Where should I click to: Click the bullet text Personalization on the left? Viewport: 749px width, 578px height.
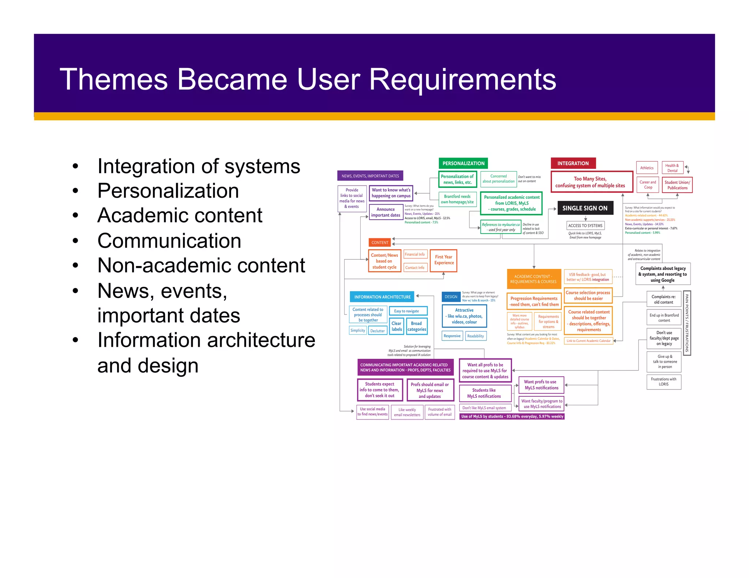point(168,191)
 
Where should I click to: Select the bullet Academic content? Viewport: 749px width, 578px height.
point(180,215)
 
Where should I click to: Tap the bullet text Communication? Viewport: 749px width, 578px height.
point(169,241)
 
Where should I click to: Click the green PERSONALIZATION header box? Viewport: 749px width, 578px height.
point(463,163)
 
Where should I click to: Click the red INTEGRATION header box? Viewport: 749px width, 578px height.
point(573,163)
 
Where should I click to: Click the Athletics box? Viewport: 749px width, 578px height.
point(647,168)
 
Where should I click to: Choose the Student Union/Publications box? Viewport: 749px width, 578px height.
point(677,185)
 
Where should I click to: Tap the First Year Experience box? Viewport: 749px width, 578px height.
point(444,260)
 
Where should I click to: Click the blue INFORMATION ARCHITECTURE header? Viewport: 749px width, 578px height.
point(382,297)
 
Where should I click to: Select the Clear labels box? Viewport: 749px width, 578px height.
point(396,326)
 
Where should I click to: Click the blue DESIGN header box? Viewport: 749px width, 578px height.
point(451,297)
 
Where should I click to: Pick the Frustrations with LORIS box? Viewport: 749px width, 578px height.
point(663,382)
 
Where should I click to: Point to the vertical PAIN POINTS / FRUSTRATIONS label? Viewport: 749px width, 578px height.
point(687,323)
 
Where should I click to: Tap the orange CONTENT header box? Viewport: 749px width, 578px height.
point(380,243)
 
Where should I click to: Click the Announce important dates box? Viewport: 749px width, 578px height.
point(385,212)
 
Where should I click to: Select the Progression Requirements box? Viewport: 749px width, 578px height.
point(534,301)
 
